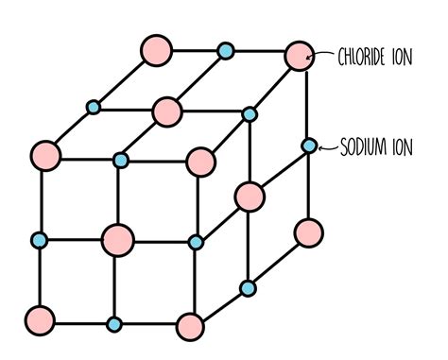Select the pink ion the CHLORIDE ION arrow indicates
click(x=298, y=57)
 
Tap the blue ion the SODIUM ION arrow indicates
click(x=309, y=146)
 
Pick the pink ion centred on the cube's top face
click(x=167, y=111)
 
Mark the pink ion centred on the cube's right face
click(x=249, y=196)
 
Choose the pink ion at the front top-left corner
click(x=44, y=154)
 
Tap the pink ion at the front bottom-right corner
click(x=190, y=327)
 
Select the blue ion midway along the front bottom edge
click(x=114, y=324)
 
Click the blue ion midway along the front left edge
click(x=40, y=238)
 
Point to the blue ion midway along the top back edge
click(x=225, y=50)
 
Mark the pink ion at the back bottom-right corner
click(x=308, y=231)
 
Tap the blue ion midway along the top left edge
click(x=94, y=107)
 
